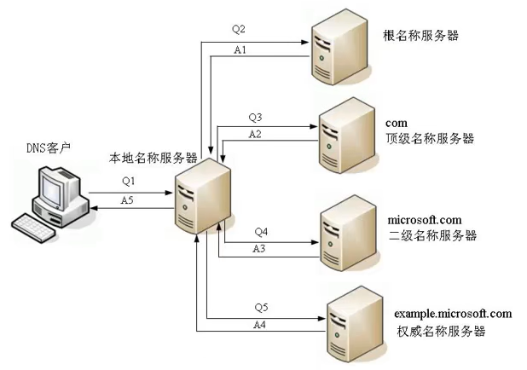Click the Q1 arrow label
pos(128,181)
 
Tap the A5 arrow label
pos(127,199)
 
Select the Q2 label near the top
pos(238,28)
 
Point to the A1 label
pos(240,50)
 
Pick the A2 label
pos(255,135)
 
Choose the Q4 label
pos(261,231)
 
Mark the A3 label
pos(261,248)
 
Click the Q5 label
pos(261,308)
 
